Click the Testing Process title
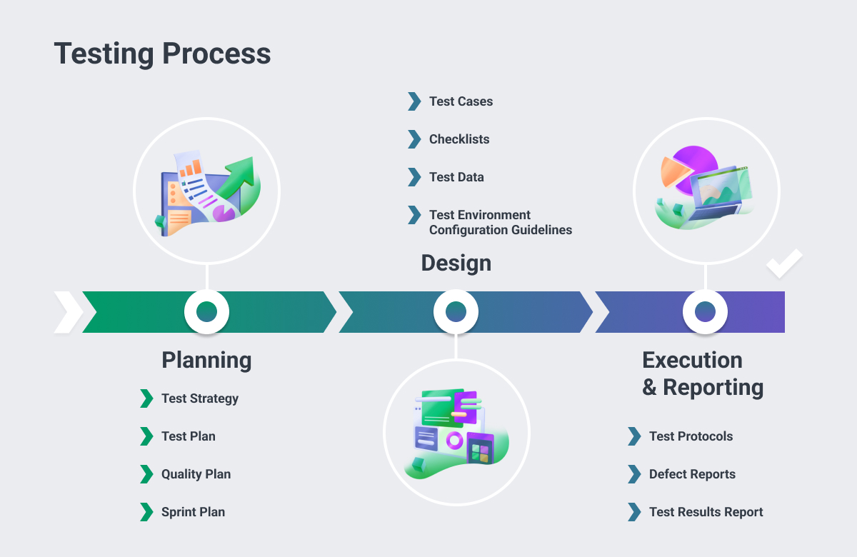coord(162,54)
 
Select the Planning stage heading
coord(206,360)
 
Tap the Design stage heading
coord(456,263)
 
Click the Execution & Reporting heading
coord(702,373)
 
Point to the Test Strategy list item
coord(199,398)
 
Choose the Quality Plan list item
coord(196,474)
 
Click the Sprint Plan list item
coord(193,512)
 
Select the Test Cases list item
coord(461,101)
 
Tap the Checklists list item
coord(459,139)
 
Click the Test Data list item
coord(456,177)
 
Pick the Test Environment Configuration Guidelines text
coord(500,222)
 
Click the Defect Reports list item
coord(692,474)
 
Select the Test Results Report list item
coord(706,512)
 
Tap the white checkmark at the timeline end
coord(784,264)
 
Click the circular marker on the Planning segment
coord(206,311)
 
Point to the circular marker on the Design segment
coord(456,311)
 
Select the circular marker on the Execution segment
coord(705,311)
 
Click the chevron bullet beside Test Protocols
coord(634,436)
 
